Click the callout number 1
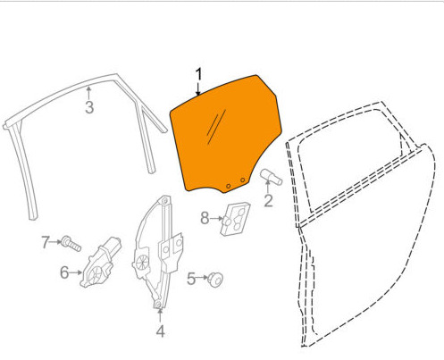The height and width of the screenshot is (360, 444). coord(198,74)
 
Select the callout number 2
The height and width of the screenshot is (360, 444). coord(268,201)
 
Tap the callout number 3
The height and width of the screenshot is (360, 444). coord(89,107)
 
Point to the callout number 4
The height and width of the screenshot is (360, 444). coord(161,331)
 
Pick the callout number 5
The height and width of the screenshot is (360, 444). coord(191,279)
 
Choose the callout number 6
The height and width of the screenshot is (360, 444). coord(64,272)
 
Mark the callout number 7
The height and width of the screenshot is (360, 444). coord(45,242)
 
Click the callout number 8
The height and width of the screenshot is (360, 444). coord(205,218)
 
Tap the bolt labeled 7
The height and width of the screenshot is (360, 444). coord(71,244)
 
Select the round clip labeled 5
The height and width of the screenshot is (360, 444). coord(215,280)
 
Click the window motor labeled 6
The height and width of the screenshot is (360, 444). coord(100,262)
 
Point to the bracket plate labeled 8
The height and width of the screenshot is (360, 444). coord(235,219)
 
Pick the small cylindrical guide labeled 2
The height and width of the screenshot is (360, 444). coord(271,177)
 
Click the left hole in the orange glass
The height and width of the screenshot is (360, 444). coord(229,186)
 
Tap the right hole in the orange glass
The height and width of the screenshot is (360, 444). coord(243,180)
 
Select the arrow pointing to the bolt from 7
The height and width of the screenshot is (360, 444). coord(55,242)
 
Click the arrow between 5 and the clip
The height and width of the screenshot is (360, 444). coord(202,277)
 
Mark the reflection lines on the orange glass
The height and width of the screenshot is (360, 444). coord(216,127)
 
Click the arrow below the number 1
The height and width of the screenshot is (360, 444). coord(198,88)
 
